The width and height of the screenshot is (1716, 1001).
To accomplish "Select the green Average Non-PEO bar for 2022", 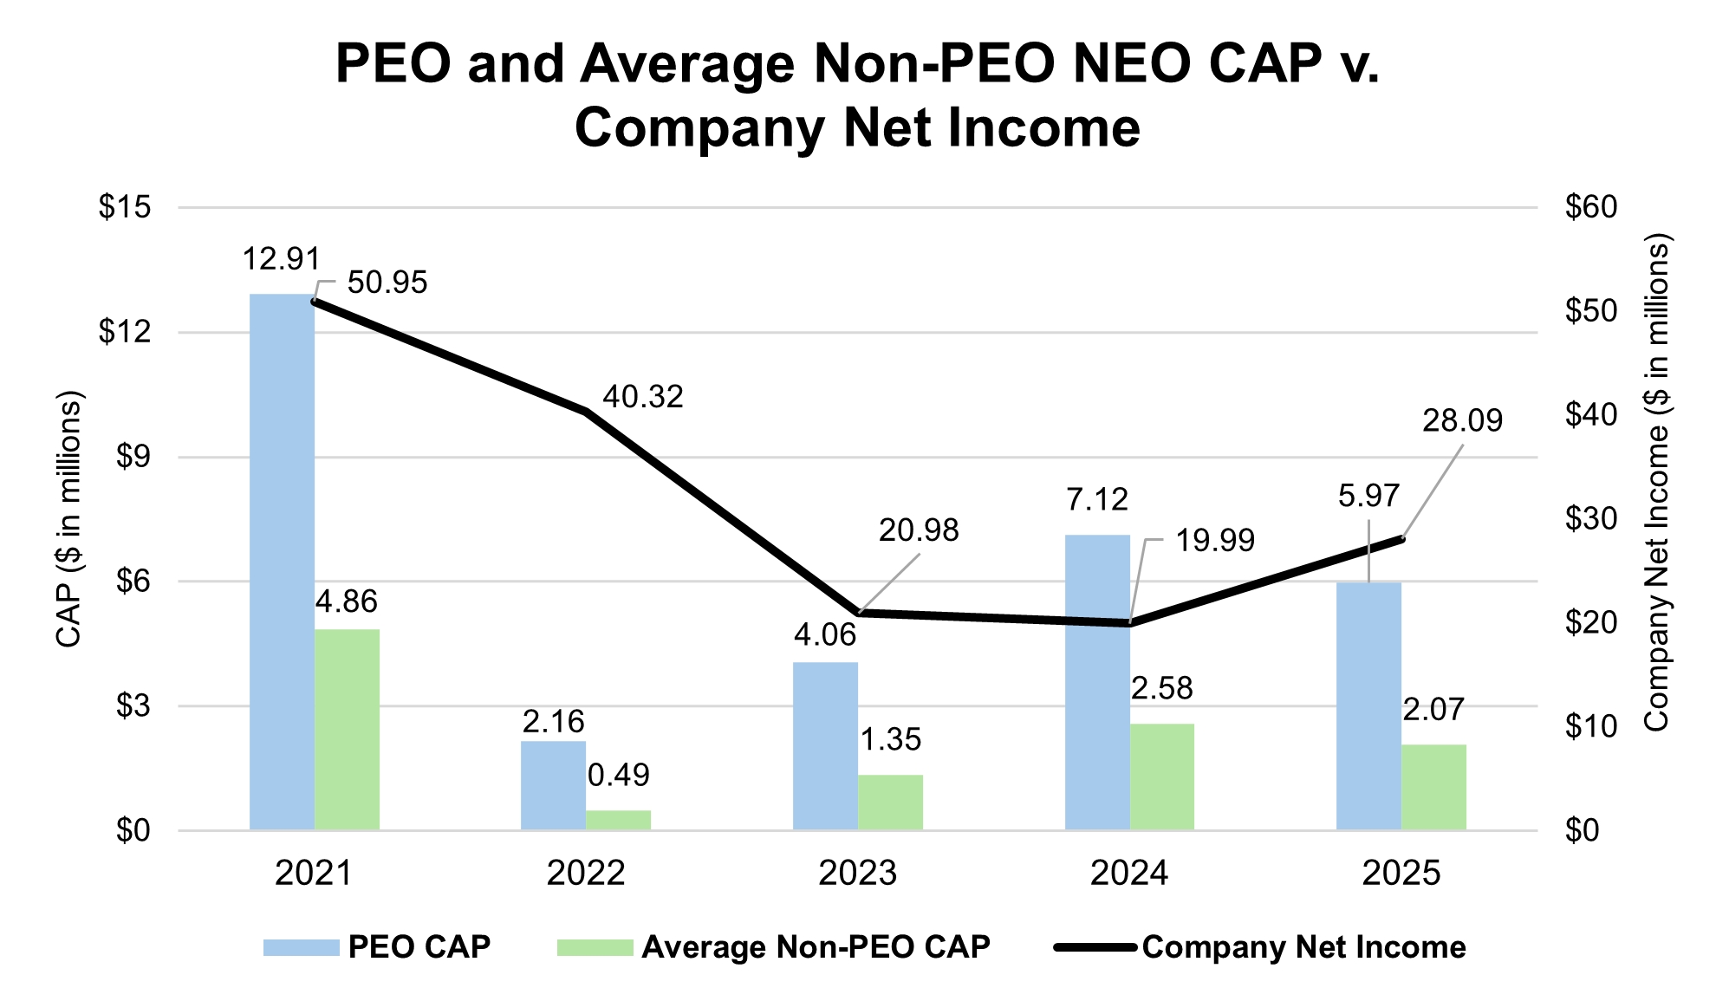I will [618, 820].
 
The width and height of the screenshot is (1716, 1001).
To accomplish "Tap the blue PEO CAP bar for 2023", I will [825, 745].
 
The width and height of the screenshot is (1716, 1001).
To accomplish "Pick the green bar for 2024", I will [1161, 777].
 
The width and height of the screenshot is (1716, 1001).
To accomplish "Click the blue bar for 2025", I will [1368, 705].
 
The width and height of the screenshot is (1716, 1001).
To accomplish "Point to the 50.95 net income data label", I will [387, 283].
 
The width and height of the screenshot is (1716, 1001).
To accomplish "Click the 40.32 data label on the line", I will [643, 397].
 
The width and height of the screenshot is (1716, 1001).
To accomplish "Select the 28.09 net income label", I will [1462, 421].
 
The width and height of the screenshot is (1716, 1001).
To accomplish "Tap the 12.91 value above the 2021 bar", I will [281, 259].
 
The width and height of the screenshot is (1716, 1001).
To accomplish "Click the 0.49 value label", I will [618, 775].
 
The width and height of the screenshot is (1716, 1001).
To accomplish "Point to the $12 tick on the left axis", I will [124, 332].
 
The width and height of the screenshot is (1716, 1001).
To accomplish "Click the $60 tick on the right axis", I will [1591, 207].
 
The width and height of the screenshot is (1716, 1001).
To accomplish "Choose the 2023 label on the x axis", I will [857, 873].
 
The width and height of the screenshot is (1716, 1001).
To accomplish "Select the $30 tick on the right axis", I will [1591, 519].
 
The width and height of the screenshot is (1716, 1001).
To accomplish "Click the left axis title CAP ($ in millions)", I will [68, 520].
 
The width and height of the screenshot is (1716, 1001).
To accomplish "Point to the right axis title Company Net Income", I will [1656, 485].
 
